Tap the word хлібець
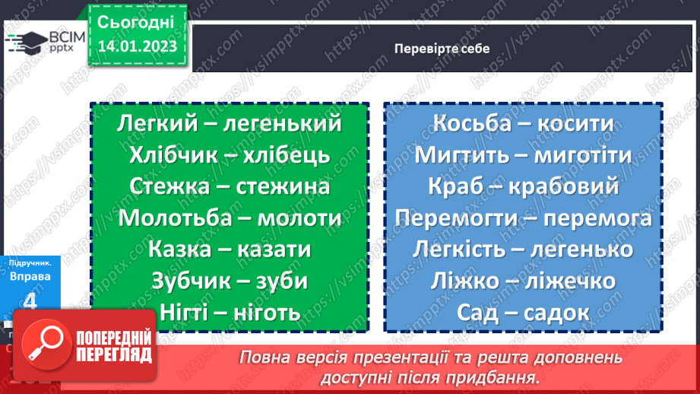click(x=293, y=155)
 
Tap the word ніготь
click(x=263, y=312)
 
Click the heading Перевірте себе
click(x=442, y=48)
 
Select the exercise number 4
click(x=30, y=302)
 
